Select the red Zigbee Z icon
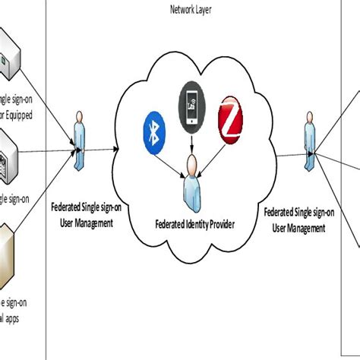(229, 118)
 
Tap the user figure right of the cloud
(310, 141)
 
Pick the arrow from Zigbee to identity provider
(212, 149)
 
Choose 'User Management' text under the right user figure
(303, 228)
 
